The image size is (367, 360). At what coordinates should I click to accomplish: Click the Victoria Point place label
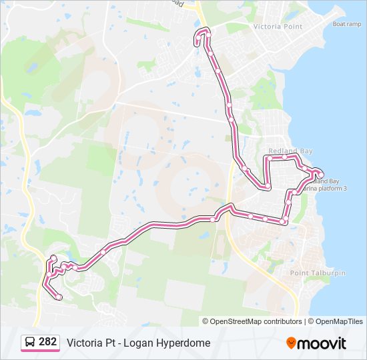pos(278,27)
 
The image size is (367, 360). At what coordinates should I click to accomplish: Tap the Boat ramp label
pos(347,24)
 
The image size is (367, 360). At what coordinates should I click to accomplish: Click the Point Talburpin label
pos(318,273)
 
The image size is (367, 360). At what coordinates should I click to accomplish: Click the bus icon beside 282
pos(30,342)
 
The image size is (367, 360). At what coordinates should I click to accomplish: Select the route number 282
pos(47,342)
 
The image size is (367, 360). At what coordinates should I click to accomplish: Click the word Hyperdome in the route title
pos(186,343)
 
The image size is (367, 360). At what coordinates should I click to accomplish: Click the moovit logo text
pos(322,343)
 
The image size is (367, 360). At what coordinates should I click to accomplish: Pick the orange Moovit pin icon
pos(291,343)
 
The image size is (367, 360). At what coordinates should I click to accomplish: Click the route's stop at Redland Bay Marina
pos(320,175)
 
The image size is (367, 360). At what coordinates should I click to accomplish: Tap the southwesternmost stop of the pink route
pos(59,297)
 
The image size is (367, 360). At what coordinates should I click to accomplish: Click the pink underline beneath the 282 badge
pos(39,351)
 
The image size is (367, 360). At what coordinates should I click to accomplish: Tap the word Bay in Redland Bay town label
pos(306,151)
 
